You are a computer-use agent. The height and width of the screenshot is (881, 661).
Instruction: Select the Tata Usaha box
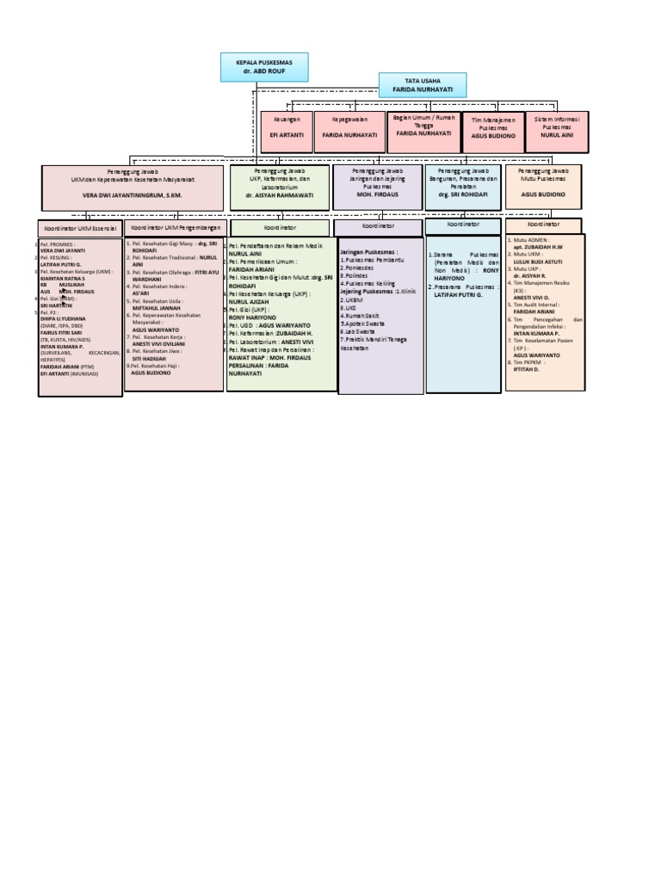pos(423,85)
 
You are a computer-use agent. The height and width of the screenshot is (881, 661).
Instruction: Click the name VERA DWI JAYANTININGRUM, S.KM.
pos(133,195)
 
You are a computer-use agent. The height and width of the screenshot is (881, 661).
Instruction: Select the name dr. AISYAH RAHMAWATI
pos(279,195)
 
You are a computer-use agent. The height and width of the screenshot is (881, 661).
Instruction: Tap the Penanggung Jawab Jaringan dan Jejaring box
pos(378,186)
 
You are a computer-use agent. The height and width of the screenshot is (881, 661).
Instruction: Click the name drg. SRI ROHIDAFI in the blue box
pos(462,195)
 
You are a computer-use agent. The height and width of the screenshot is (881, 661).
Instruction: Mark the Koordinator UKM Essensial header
pos(80,229)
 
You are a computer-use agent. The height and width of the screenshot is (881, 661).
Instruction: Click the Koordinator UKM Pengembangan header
pos(175,228)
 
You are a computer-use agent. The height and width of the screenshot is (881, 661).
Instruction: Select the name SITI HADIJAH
pos(149,359)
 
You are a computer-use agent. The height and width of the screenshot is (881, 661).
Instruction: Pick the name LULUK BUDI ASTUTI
pos(540,262)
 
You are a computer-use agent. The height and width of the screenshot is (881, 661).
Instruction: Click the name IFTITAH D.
pos(527,369)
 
